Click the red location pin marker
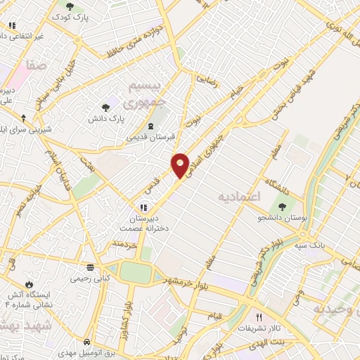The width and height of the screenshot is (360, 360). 181,165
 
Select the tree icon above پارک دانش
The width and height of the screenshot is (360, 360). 105,108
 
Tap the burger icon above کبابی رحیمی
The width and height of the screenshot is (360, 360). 90,268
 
